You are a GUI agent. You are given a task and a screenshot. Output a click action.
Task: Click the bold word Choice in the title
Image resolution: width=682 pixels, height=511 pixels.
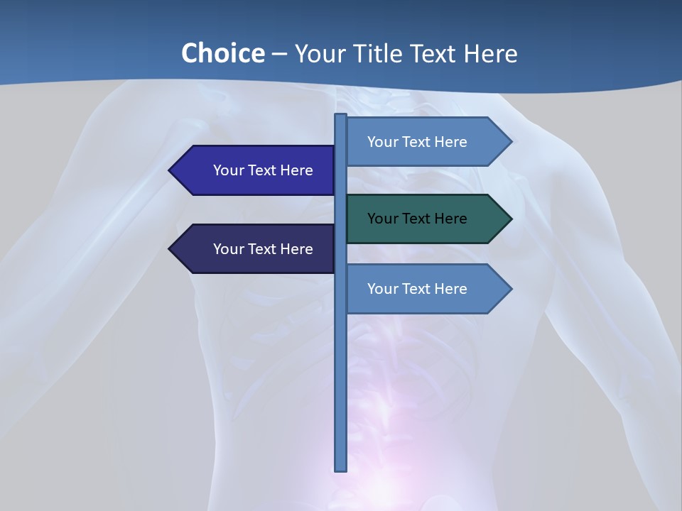tap(222, 54)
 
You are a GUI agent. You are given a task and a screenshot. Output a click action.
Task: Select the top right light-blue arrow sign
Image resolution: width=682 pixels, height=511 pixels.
tap(426, 142)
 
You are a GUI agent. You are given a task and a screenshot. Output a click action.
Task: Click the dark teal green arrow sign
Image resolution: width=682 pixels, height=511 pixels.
tap(426, 219)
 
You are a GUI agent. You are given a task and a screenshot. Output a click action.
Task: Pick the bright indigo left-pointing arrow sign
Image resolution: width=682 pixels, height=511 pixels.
tap(256, 170)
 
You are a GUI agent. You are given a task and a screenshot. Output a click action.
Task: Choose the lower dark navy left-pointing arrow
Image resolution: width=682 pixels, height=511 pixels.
tap(256, 249)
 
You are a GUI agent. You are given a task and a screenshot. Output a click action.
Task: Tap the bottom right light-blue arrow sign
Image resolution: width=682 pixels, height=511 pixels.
tap(426, 289)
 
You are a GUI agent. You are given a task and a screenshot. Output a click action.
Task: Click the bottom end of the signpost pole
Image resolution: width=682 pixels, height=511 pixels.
tap(341, 468)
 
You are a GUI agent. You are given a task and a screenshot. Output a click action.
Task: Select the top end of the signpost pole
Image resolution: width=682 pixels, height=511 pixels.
tap(341, 116)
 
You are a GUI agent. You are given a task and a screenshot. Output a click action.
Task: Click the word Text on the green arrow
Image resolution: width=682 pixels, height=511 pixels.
tap(417, 219)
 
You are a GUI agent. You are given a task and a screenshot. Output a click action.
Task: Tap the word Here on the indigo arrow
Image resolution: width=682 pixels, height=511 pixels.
tap(297, 170)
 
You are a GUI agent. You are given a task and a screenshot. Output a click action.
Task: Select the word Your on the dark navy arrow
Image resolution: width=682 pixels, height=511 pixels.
tap(228, 249)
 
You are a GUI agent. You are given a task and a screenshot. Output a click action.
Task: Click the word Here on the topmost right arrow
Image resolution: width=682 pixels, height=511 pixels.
tap(451, 142)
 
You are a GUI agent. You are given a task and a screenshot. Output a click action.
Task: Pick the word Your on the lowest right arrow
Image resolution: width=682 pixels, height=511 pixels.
tap(382, 289)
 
